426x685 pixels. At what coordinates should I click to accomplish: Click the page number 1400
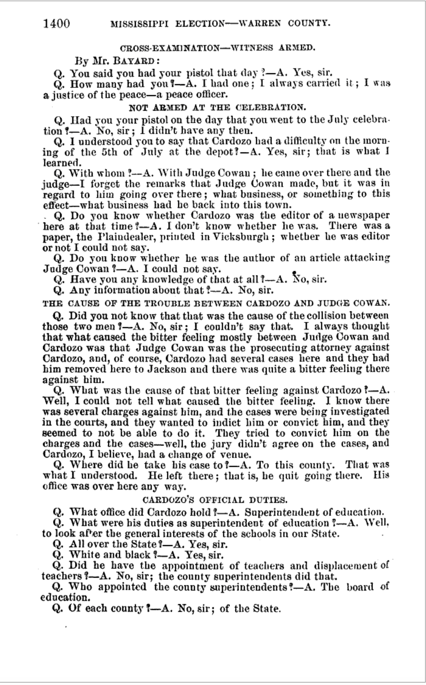[57, 23]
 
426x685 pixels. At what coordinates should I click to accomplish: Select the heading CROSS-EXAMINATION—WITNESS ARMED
[217, 48]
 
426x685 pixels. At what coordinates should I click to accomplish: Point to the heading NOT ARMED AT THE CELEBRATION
[217, 107]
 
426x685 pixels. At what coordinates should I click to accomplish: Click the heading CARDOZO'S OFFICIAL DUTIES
[215, 500]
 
